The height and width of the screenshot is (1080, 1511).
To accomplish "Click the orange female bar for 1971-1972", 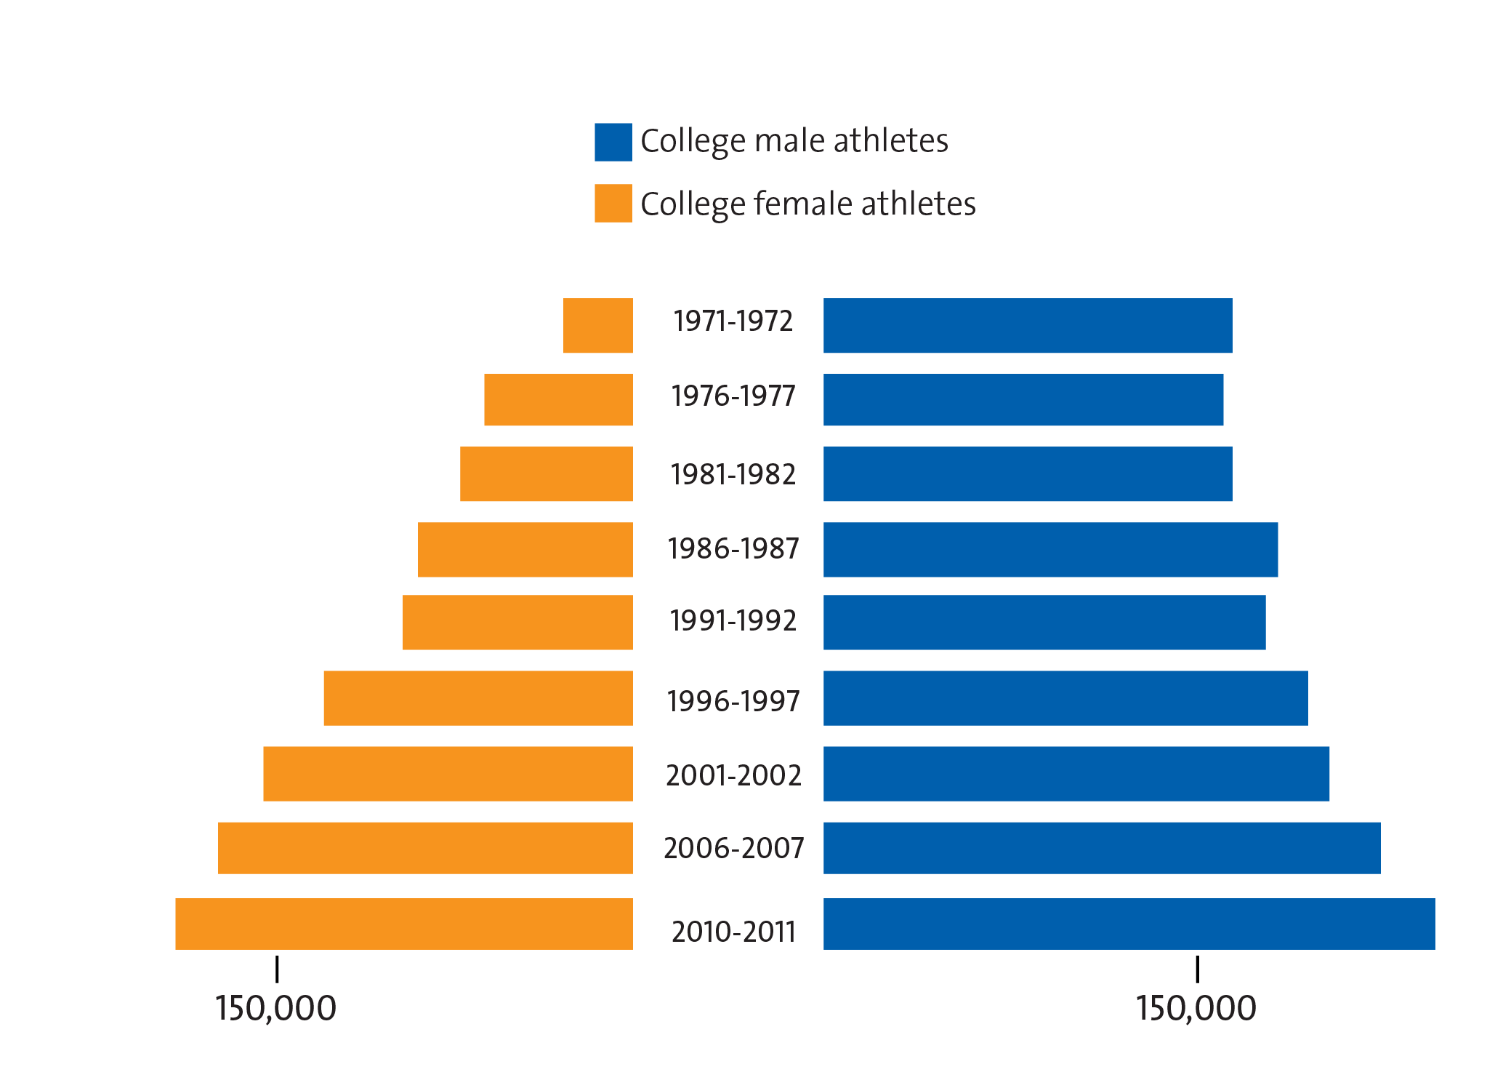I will [x=597, y=325].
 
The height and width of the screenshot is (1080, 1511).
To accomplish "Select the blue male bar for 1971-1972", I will [x=1027, y=325].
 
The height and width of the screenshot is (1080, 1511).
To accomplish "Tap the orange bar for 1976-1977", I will [x=558, y=399].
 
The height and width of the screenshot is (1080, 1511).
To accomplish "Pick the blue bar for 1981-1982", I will [x=1027, y=473].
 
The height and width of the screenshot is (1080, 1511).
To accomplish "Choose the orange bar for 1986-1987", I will [x=525, y=549].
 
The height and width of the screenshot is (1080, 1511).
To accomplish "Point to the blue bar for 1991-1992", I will [x=1044, y=622].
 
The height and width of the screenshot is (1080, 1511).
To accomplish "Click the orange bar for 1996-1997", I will [x=478, y=697].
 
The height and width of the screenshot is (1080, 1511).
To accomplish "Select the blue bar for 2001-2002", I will [x=1076, y=773].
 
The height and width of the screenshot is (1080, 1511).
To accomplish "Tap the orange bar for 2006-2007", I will [x=425, y=847].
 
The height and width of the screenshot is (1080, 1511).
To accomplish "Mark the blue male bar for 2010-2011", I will [x=1129, y=923].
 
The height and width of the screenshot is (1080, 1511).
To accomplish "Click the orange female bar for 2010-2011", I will [x=403, y=923].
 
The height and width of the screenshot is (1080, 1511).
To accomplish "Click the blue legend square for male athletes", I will [x=613, y=142].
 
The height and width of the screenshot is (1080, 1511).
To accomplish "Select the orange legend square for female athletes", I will [x=613, y=203].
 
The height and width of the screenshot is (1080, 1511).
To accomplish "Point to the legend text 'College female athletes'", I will [x=807, y=204].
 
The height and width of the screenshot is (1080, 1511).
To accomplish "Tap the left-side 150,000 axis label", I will [x=275, y=1009].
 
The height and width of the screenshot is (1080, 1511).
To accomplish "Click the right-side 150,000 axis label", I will [x=1196, y=1009].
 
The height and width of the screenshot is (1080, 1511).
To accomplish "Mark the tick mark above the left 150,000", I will [x=277, y=970].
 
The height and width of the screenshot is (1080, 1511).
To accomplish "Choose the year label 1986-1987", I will [x=733, y=548].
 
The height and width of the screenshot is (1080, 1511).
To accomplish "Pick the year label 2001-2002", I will [x=733, y=775].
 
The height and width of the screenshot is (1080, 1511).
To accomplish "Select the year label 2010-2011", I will [x=733, y=932].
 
